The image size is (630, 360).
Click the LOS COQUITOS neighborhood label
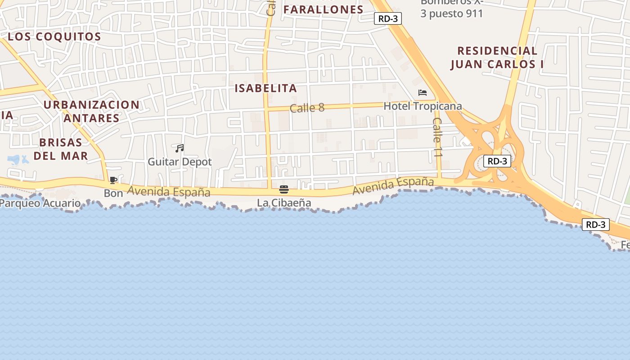coord(54,37)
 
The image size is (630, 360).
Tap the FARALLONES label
coord(323,9)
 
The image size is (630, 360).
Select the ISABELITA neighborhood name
coord(266,88)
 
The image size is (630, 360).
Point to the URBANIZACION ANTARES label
coord(91,112)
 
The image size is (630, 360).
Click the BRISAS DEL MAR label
coord(61,149)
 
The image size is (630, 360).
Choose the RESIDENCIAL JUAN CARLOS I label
coord(497,58)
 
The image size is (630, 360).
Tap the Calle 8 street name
coord(307,108)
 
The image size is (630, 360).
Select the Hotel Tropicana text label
coord(423,106)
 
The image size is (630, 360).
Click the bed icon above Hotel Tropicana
coord(422,93)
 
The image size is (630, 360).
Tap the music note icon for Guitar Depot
coord(180,148)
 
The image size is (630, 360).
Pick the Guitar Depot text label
coord(180,162)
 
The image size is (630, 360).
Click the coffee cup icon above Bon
coord(113,180)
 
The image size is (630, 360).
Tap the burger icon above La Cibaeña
coord(284,189)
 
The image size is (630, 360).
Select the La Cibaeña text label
coord(284,203)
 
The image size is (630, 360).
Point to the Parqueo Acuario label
coord(40,203)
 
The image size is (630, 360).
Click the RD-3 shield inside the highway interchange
coord(497,161)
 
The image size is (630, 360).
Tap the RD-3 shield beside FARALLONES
coord(387,18)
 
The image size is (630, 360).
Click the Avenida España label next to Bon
coord(168,192)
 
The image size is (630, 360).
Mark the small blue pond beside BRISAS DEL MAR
coord(16,159)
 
